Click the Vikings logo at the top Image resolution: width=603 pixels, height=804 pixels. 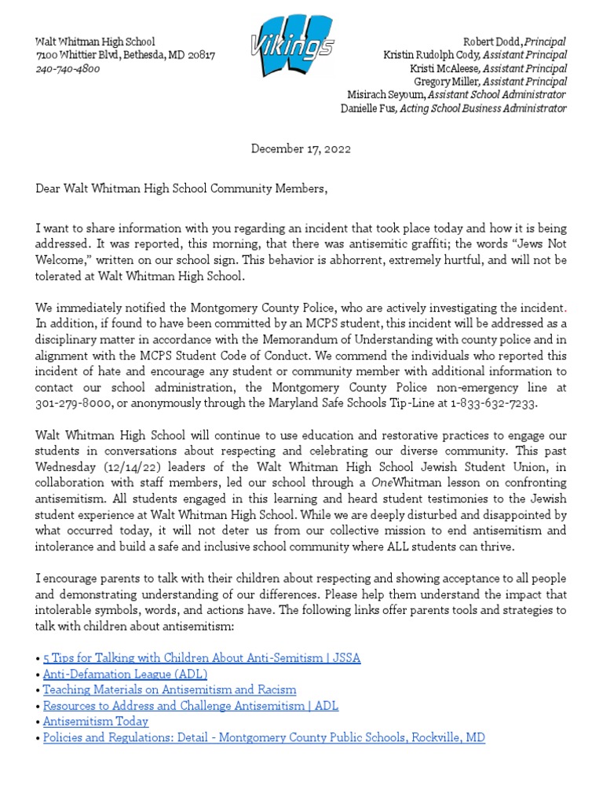(x=292, y=48)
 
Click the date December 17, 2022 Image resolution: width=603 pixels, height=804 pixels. (x=301, y=148)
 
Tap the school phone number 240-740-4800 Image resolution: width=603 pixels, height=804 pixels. (x=68, y=69)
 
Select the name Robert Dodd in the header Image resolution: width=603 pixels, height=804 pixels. (x=492, y=42)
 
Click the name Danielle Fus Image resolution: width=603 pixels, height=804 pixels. (x=368, y=108)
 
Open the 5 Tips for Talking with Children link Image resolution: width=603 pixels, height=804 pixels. (x=202, y=658)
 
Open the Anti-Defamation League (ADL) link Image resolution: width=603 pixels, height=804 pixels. (x=125, y=674)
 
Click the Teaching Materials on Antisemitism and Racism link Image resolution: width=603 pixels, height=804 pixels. (x=170, y=689)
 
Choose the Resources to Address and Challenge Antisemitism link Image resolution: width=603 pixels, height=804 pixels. (x=191, y=706)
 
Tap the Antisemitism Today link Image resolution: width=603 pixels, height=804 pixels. (x=96, y=721)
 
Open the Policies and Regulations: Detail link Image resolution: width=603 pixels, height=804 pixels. (x=264, y=737)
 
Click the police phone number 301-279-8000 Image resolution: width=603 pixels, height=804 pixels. (x=75, y=403)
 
